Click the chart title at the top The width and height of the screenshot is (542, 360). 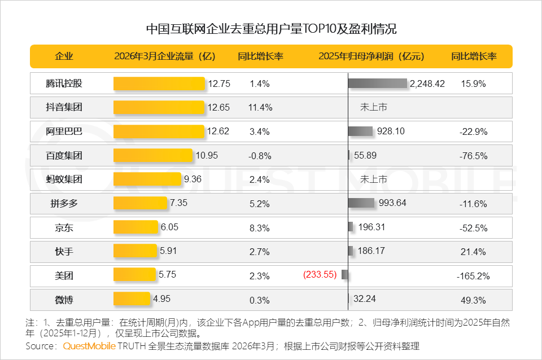click(271, 29)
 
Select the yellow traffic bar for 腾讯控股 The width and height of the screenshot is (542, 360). click(159, 84)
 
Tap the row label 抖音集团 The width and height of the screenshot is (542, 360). click(64, 107)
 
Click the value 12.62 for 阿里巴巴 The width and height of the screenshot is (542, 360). click(218, 131)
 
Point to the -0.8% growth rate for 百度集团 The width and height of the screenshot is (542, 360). click(260, 156)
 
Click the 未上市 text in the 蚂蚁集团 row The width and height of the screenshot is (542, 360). click(374, 179)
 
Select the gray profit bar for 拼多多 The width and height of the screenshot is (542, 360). click(361, 203)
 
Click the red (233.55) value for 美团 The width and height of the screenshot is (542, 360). click(320, 275)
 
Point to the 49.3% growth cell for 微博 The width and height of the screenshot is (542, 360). click(473, 300)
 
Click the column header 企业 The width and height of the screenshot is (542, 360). click(64, 56)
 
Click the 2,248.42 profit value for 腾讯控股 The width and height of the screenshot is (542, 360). click(427, 84)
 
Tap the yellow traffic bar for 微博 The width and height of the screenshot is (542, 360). click(132, 299)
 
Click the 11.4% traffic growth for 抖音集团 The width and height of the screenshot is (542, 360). click(260, 107)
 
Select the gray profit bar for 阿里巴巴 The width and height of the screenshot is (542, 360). click(361, 131)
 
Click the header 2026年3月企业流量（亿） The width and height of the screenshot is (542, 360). click(165, 56)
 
